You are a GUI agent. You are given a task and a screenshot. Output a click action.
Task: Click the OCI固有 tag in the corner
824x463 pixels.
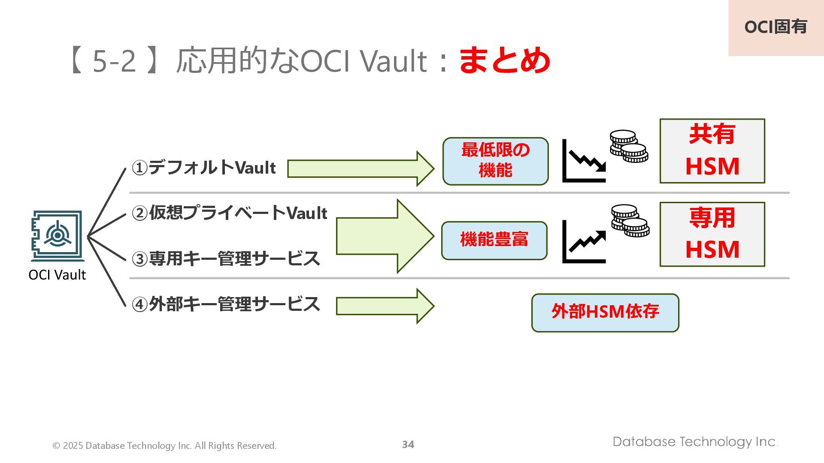tap(776, 27)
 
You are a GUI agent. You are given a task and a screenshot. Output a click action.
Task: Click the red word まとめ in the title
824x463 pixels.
tap(504, 60)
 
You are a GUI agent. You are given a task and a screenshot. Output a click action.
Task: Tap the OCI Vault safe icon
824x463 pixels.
tap(57, 236)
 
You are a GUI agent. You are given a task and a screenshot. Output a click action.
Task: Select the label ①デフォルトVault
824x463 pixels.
tap(203, 168)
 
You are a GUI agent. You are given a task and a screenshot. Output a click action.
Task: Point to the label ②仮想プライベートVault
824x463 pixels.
tap(229, 213)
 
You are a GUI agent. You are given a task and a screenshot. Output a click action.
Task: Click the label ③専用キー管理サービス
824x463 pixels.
tap(226, 259)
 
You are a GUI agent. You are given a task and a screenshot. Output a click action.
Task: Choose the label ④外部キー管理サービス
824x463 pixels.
tap(226, 304)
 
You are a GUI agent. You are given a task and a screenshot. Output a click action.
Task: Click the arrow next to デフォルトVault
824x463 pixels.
tap(360, 168)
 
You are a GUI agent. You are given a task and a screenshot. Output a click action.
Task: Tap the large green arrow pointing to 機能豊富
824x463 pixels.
tap(385, 236)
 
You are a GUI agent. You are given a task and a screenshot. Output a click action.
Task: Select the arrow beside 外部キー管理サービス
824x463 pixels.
tap(385, 306)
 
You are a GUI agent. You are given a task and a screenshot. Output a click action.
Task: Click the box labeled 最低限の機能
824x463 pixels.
tap(495, 161)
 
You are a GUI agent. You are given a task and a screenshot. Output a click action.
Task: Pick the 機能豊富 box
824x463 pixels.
tap(494, 241)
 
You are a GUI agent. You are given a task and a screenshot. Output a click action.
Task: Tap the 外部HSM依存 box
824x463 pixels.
tap(605, 313)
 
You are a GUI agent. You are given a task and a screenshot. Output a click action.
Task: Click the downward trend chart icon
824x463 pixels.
tap(584, 161)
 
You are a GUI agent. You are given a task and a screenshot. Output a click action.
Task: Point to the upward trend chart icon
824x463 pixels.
tap(584, 242)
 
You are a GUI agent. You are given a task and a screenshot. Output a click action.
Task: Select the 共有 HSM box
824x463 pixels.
tap(712, 151)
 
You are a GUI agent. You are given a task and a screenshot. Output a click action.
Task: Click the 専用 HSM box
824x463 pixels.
tap(712, 234)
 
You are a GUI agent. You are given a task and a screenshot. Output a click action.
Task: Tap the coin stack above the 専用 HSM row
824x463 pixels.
tap(630, 220)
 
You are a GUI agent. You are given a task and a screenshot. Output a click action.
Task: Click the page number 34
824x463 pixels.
tap(408, 445)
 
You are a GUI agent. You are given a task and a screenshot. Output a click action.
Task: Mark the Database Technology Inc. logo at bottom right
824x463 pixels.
tap(695, 442)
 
